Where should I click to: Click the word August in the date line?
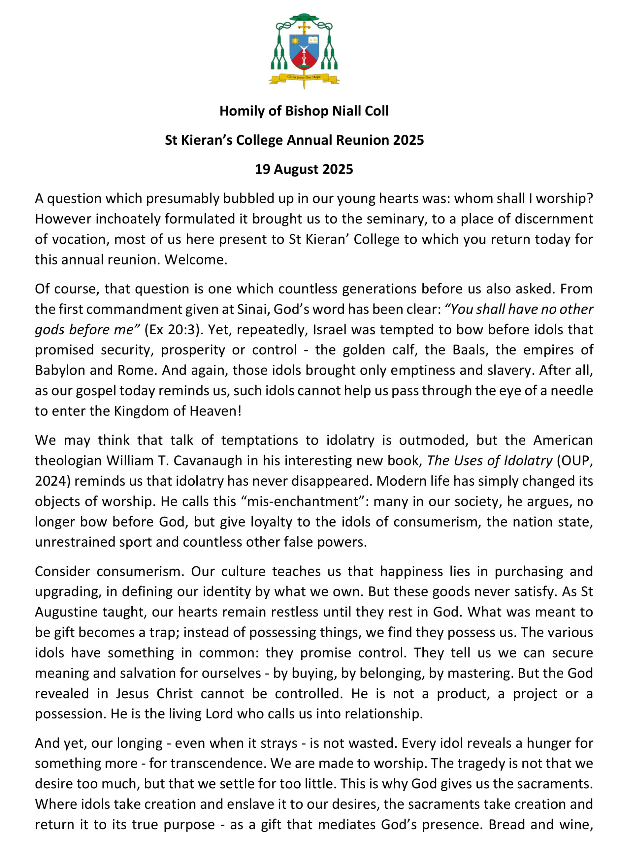click(x=296, y=169)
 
